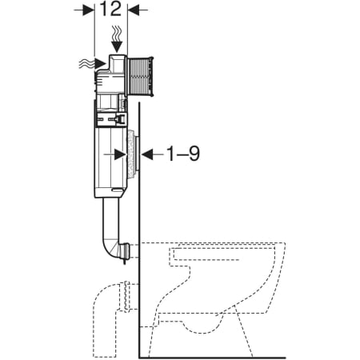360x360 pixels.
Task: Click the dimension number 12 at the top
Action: pyautogui.click(x=110, y=9)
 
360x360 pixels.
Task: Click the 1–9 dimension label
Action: pyautogui.click(x=183, y=154)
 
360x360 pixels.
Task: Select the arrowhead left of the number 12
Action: pyautogui.click(x=89, y=10)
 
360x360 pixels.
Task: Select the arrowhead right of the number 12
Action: pyautogui.click(x=134, y=10)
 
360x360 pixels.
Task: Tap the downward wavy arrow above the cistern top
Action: pyautogui.click(x=117, y=39)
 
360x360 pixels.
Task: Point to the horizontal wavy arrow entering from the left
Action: pyautogui.click(x=92, y=64)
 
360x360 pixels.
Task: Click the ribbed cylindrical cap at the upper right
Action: pyautogui.click(x=140, y=77)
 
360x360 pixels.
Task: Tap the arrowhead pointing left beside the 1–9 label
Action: pyautogui.click(x=147, y=154)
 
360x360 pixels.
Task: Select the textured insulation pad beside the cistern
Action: pyautogui.click(x=131, y=152)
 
